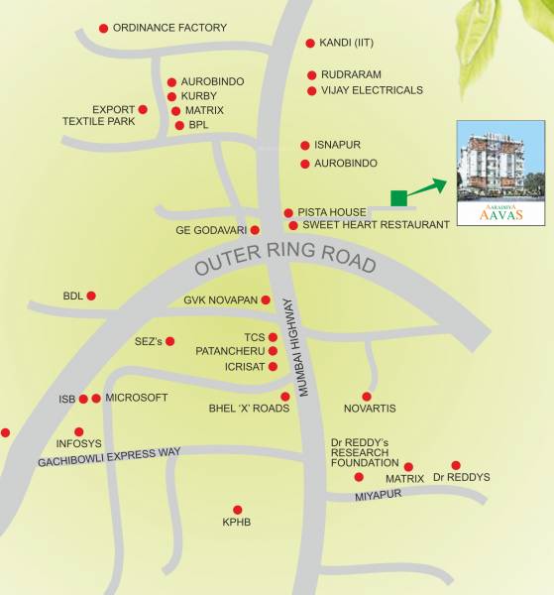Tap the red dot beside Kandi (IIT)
[310, 44]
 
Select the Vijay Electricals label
[372, 90]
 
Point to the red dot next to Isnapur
[306, 145]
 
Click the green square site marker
[398, 197]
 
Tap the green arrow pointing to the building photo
[428, 185]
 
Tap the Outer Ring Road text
[285, 258]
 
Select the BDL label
[73, 296]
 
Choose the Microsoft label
[136, 398]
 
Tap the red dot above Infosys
[78, 431]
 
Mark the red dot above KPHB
[237, 509]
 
